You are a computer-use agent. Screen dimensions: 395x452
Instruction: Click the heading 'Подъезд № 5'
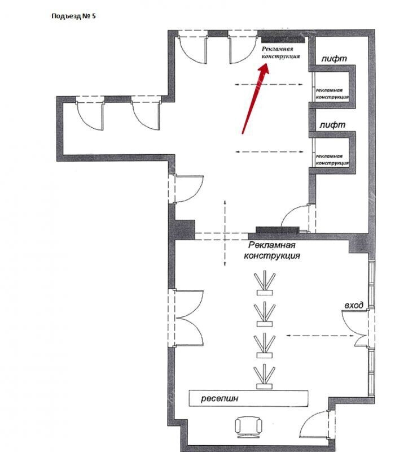[x=73, y=16]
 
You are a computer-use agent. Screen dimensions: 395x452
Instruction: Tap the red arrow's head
[x=264, y=69]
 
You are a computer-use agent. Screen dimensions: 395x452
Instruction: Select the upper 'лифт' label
[x=334, y=59]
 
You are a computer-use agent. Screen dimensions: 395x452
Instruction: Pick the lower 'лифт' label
[x=332, y=125]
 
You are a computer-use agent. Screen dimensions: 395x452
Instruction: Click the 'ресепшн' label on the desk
[x=220, y=399]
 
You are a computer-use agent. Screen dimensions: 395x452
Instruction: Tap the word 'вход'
[x=354, y=305]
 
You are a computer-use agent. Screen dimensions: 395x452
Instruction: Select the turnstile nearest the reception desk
[x=265, y=376]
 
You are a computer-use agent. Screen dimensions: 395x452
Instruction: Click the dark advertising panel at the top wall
[x=283, y=40]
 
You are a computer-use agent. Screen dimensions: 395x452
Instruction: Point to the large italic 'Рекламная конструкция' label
[x=272, y=250]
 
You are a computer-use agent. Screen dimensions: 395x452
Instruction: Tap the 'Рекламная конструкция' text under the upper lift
[x=332, y=94]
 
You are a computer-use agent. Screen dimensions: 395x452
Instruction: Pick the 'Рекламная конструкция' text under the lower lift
[x=332, y=160]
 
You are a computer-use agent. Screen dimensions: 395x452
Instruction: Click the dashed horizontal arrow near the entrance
[x=320, y=336]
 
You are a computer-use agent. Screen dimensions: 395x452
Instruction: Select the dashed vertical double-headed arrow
[x=225, y=233]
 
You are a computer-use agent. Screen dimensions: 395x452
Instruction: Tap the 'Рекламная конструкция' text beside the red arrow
[x=280, y=53]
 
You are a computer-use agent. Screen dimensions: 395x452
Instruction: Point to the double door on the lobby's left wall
[x=187, y=318]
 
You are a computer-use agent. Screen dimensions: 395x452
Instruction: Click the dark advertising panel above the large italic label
[x=278, y=230]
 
